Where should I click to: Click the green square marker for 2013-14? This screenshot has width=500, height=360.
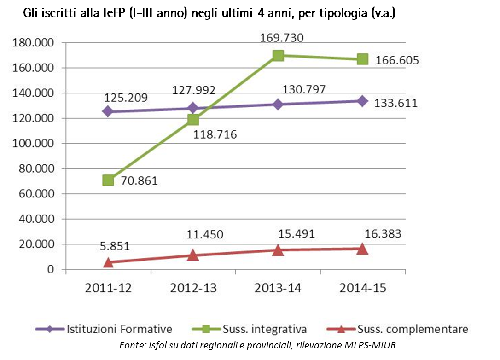[278, 56]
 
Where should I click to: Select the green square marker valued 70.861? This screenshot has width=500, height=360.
[108, 180]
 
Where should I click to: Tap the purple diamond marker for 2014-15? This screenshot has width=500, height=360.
[362, 101]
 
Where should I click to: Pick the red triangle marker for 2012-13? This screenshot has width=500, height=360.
[193, 255]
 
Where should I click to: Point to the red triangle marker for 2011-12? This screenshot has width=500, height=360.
[108, 262]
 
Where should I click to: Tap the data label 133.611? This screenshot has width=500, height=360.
[396, 103]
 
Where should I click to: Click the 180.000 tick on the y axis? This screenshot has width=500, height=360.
[35, 43]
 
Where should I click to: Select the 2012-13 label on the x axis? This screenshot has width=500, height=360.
[193, 288]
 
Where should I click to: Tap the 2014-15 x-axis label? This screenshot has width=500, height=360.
[363, 288]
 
